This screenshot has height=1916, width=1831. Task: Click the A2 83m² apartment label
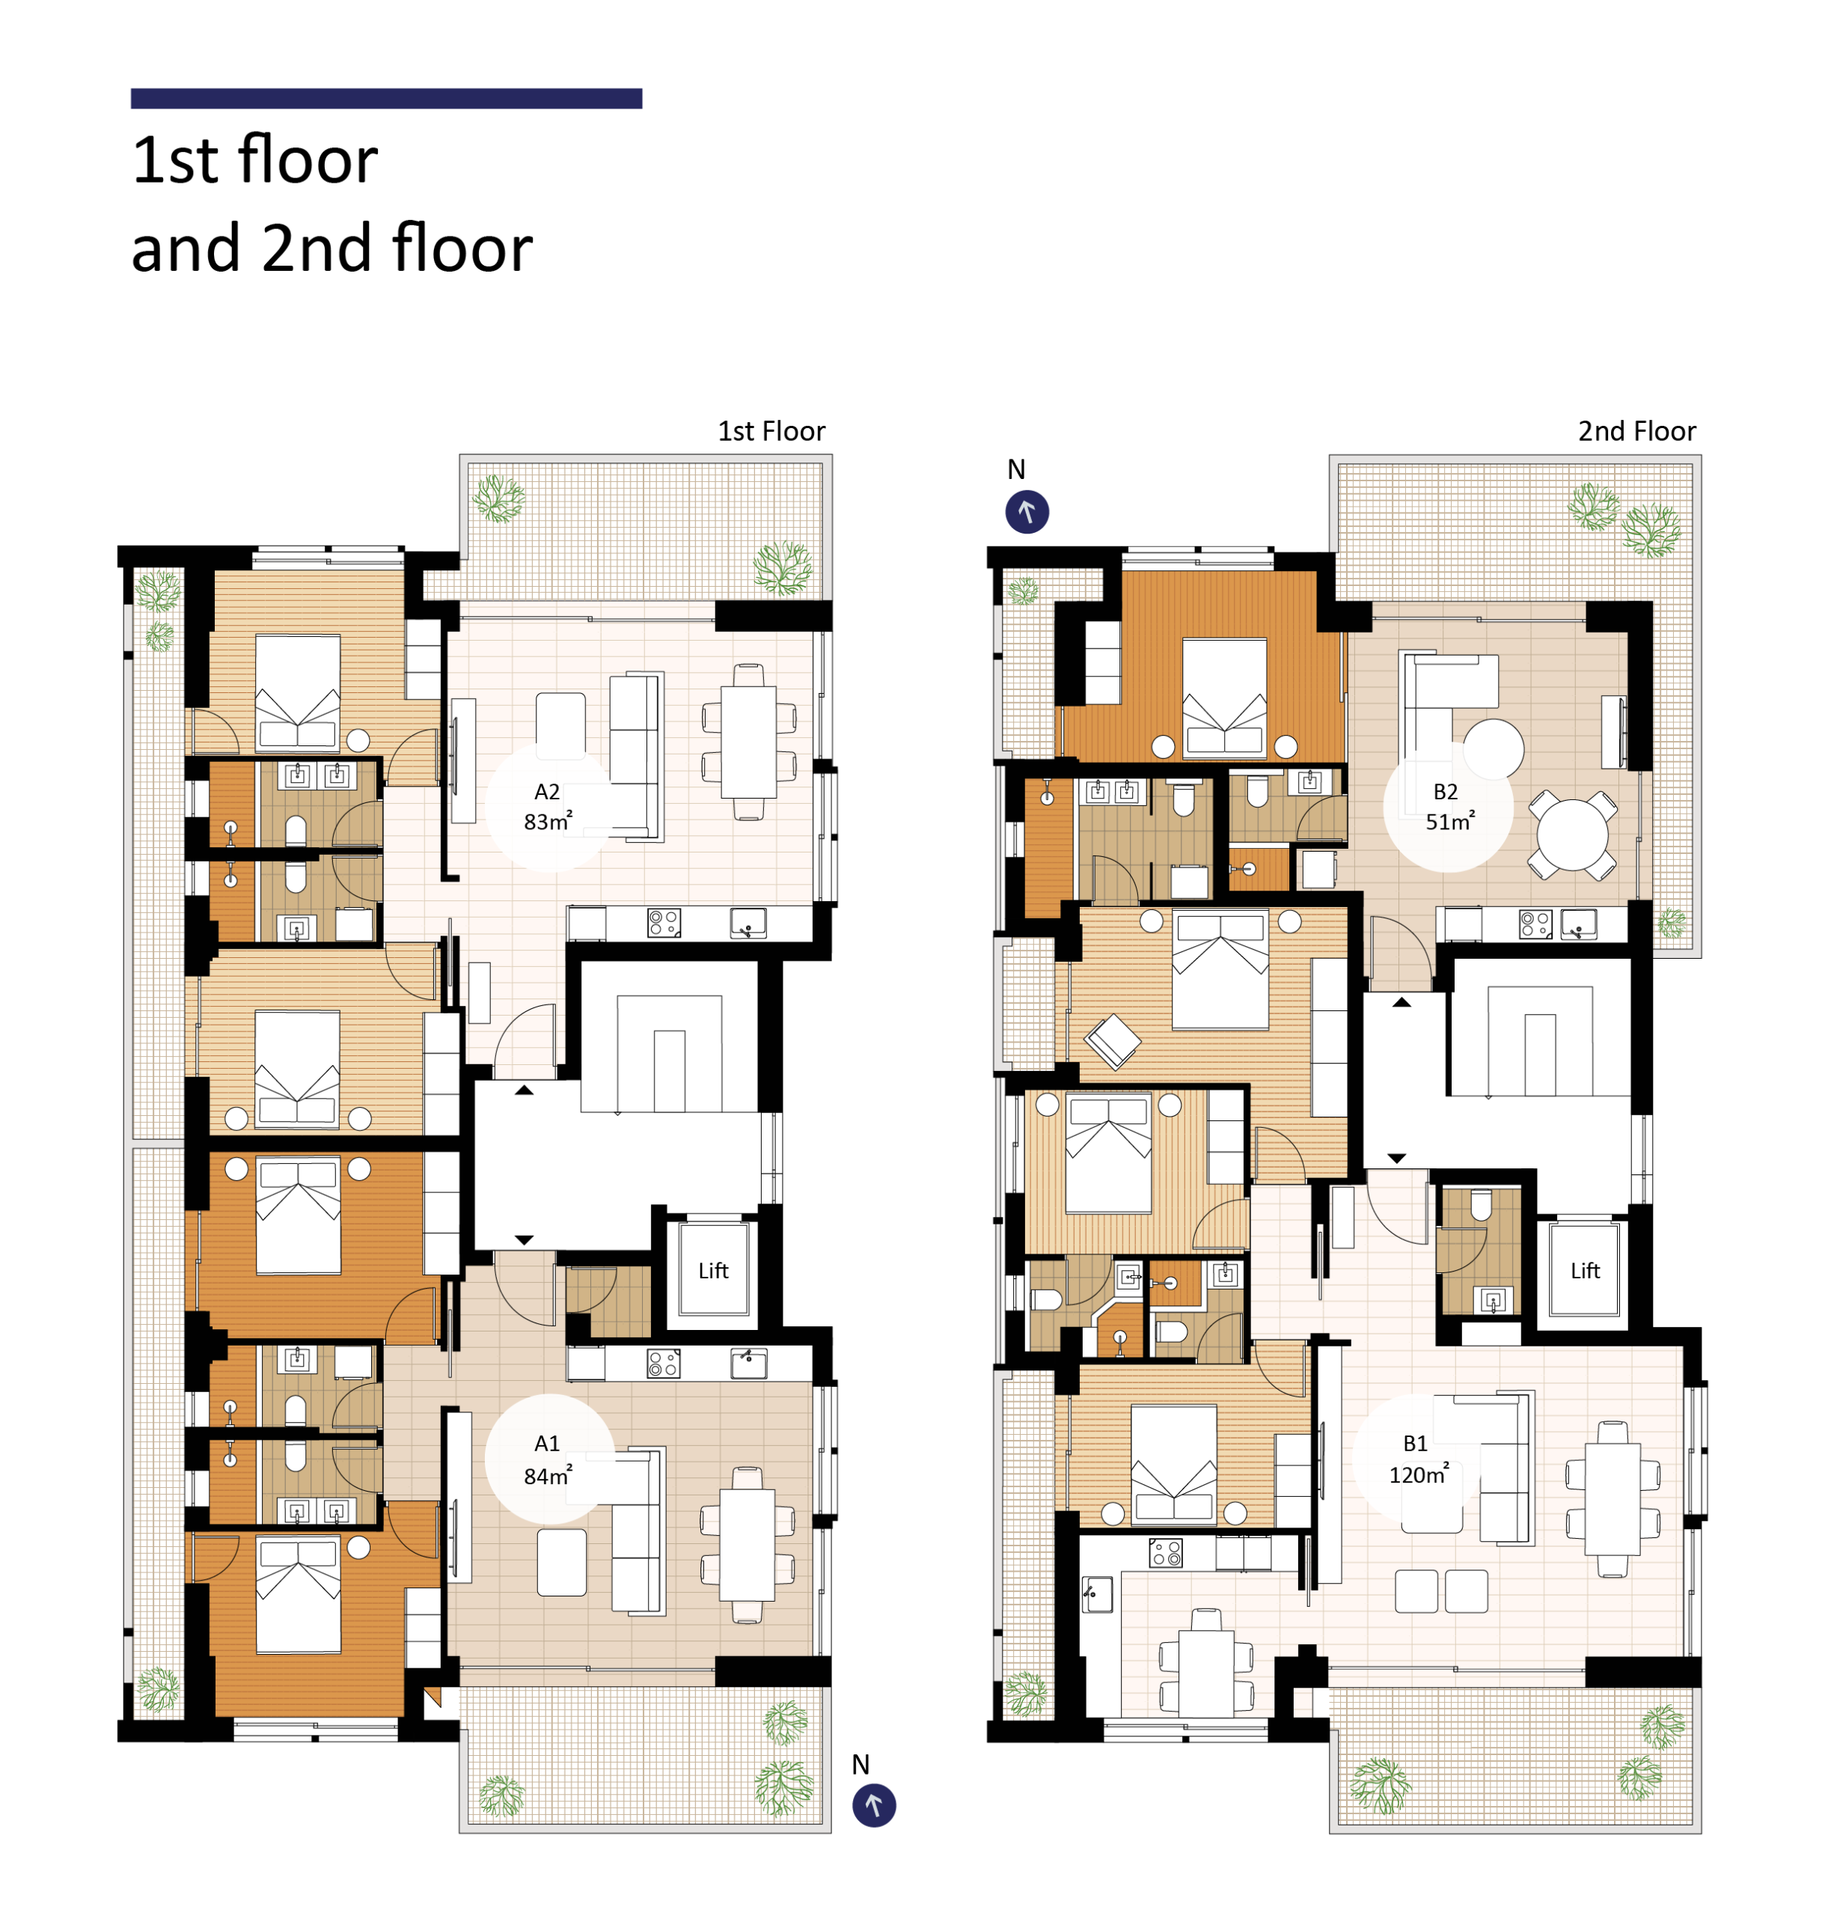[548, 806]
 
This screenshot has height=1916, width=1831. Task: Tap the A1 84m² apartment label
[548, 1460]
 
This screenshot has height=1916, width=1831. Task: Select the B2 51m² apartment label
[1449, 806]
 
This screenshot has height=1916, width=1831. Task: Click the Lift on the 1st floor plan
[713, 1271]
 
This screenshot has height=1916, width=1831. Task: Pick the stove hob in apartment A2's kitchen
[664, 922]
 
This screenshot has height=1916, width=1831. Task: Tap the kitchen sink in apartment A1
[748, 1364]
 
